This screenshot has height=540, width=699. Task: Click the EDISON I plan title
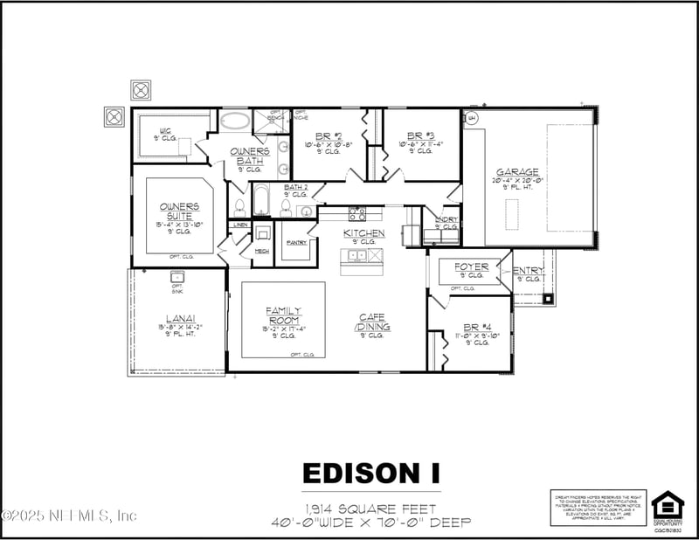pyautogui.click(x=371, y=473)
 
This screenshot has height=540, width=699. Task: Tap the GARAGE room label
pyautogui.click(x=517, y=172)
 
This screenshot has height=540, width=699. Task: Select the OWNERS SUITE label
pyautogui.click(x=179, y=211)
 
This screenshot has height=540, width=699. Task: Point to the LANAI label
pyautogui.click(x=179, y=319)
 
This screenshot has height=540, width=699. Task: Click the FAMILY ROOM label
pyautogui.click(x=284, y=315)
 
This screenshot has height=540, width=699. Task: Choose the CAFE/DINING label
pyautogui.click(x=373, y=322)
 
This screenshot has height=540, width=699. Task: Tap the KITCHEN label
pyautogui.click(x=363, y=233)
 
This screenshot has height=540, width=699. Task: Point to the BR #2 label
pyautogui.click(x=329, y=136)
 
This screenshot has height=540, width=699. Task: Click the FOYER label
pyautogui.click(x=471, y=267)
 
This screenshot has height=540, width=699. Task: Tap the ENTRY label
pyautogui.click(x=528, y=271)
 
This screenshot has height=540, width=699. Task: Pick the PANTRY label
pyautogui.click(x=295, y=242)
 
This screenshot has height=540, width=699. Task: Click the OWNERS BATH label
pyautogui.click(x=249, y=156)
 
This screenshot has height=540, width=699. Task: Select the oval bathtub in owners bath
pyautogui.click(x=233, y=121)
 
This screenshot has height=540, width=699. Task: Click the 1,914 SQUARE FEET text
pyautogui.click(x=371, y=509)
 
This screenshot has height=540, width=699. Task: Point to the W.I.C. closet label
pyautogui.click(x=164, y=131)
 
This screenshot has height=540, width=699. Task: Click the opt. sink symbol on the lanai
pyautogui.click(x=177, y=277)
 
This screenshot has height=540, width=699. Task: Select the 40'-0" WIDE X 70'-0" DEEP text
pyautogui.click(x=371, y=523)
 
